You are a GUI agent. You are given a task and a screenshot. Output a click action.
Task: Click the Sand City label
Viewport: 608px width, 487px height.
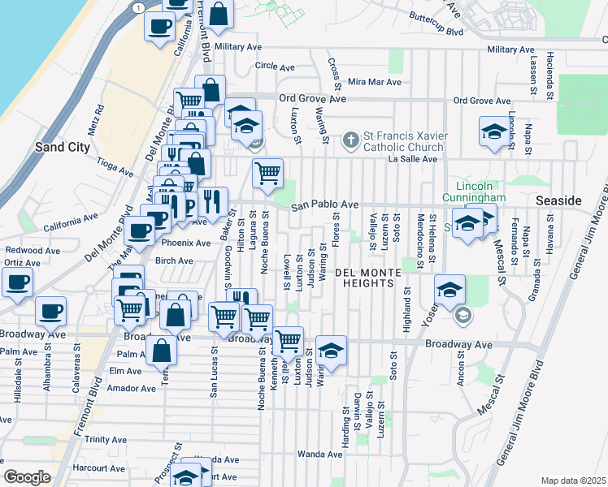point(62,148)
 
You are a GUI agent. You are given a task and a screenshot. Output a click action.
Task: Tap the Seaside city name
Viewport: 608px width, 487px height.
point(559,200)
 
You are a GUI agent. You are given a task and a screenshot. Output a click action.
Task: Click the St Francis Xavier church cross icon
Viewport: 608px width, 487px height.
point(351,140)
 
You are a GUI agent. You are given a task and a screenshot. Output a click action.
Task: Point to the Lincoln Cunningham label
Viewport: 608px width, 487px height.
point(476,191)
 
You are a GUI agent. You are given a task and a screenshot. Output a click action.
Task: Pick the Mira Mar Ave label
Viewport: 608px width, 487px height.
point(375,82)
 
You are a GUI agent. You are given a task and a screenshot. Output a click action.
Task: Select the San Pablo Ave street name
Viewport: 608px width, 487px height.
point(325,205)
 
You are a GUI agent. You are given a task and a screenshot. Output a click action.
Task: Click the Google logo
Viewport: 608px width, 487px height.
point(27,476)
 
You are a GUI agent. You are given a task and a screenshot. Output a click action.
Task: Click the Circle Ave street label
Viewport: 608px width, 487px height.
point(273,66)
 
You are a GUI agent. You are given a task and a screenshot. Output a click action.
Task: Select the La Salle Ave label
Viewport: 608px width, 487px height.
point(413,159)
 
